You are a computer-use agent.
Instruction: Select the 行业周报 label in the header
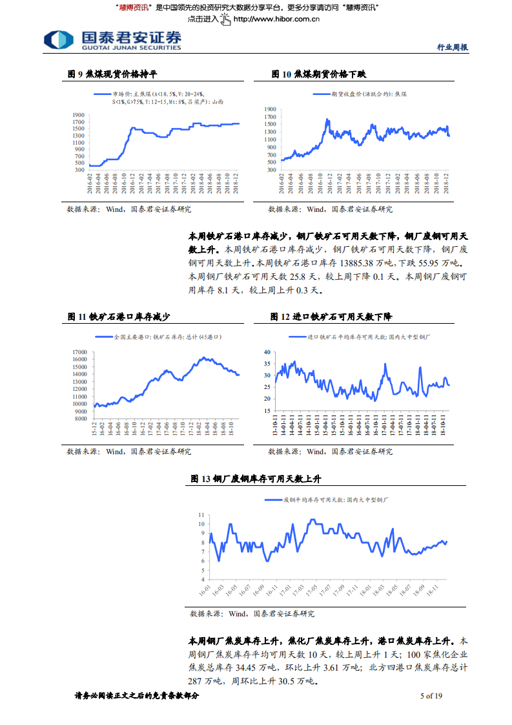tap(452, 47)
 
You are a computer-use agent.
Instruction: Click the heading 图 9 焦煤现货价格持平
tap(112, 75)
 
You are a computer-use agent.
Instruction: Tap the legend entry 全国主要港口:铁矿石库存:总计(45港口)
tap(167, 337)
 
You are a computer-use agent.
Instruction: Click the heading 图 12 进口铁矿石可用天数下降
tap(331, 317)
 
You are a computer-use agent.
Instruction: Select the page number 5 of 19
tap(431, 696)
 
